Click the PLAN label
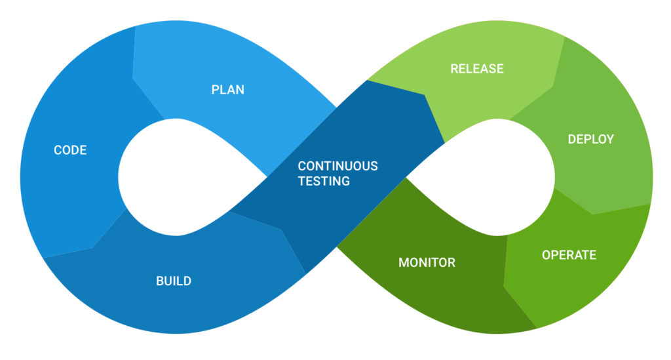(227, 90)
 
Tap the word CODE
(70, 150)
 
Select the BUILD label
(174, 281)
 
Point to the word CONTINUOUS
(337, 166)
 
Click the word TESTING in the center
(324, 181)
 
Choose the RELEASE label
(477, 68)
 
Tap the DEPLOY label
(590, 139)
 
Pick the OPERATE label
(569, 254)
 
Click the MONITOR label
(427, 263)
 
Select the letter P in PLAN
(215, 90)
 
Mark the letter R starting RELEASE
(454, 68)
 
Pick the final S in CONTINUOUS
(374, 166)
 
